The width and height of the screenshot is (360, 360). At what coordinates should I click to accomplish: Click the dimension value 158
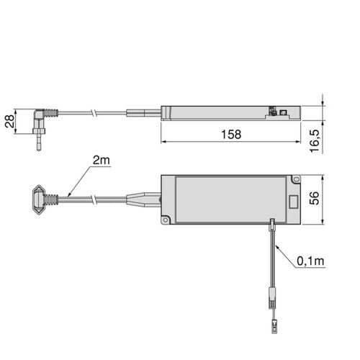coord(230,134)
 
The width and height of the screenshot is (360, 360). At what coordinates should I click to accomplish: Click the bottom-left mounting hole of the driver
coord(166,220)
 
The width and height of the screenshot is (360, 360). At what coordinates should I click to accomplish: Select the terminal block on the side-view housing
coord(274,112)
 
